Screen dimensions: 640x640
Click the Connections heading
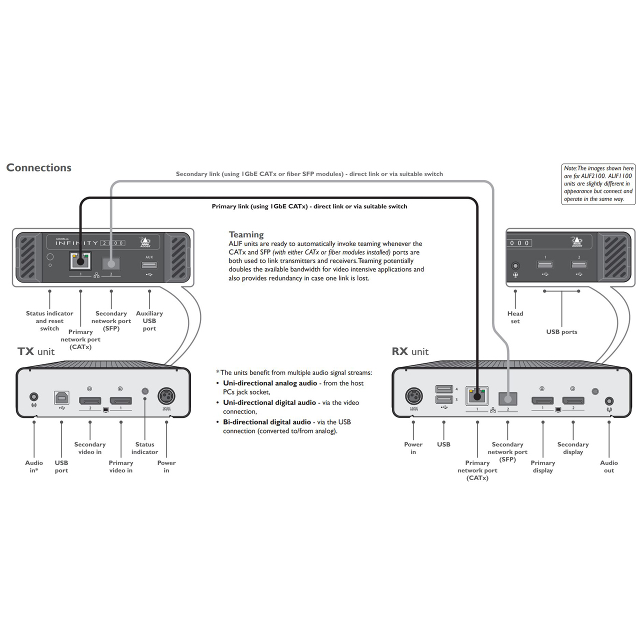pos(39,168)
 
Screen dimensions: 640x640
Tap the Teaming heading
pos(246,234)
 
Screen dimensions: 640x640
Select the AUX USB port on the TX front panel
pos(149,264)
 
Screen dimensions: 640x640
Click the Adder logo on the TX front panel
pos(145,242)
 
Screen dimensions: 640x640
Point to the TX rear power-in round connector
pos(166,396)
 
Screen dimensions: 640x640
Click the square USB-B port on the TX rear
pos(61,398)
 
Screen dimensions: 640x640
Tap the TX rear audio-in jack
pos(34,397)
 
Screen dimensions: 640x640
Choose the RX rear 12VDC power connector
pos(413,396)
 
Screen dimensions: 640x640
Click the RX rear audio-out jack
pos(609,401)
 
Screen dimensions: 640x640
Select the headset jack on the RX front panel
pos(515,265)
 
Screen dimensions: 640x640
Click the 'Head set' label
pos(515,317)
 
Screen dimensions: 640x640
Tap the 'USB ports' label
pos(561,332)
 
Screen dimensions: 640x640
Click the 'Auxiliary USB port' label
pos(149,321)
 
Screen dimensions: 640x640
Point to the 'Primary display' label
pos(542,466)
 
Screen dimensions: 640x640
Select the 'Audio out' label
pos(608,466)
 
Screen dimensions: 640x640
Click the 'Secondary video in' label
pos(90,448)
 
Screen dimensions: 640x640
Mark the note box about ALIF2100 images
pos(598,184)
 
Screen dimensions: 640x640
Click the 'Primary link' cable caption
pos(309,206)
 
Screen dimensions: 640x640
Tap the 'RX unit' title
pos(410,351)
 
